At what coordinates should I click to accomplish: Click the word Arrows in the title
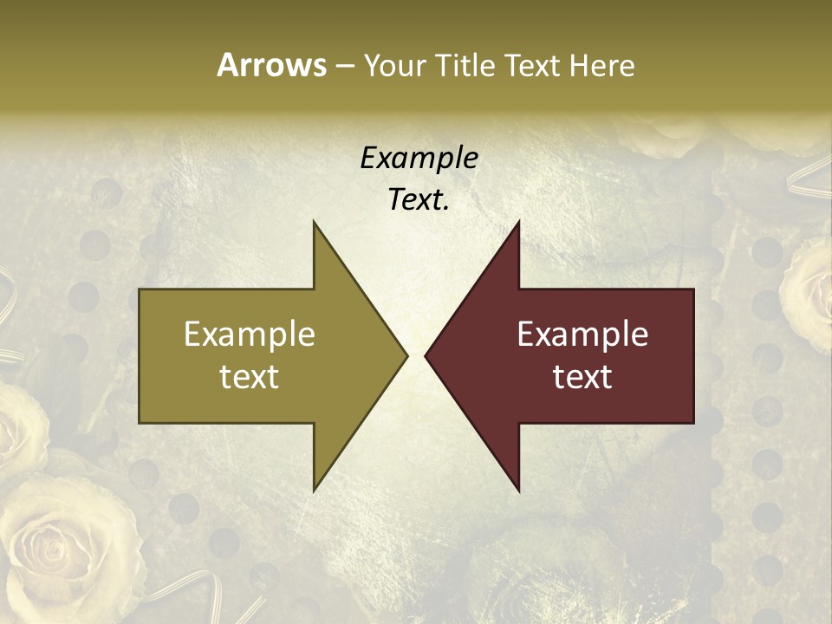[271, 65]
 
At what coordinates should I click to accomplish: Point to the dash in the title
[344, 66]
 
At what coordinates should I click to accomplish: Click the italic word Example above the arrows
[419, 158]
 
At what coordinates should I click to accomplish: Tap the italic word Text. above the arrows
[419, 199]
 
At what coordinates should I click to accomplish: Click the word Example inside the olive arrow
[250, 334]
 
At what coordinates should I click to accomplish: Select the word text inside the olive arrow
[250, 376]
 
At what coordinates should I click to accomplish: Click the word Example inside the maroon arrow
[582, 334]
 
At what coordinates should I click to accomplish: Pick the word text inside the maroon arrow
[582, 376]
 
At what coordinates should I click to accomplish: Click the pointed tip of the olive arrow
[406, 355]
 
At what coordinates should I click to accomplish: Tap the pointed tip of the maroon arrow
[426, 355]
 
